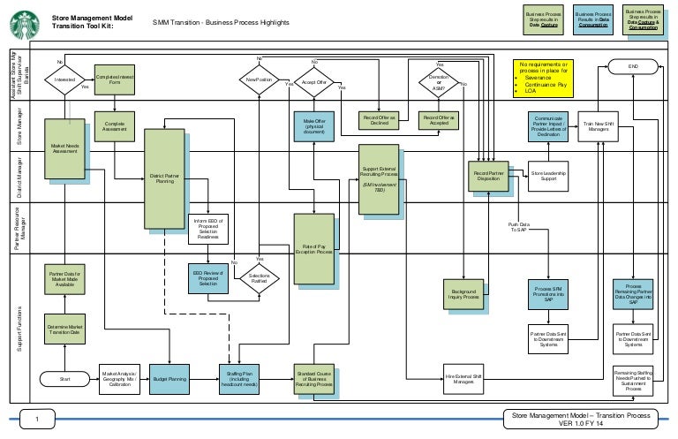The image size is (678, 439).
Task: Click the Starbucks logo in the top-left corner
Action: tap(23, 22)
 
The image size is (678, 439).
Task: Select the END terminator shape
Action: tap(632, 65)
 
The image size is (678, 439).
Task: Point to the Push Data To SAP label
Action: tap(519, 227)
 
